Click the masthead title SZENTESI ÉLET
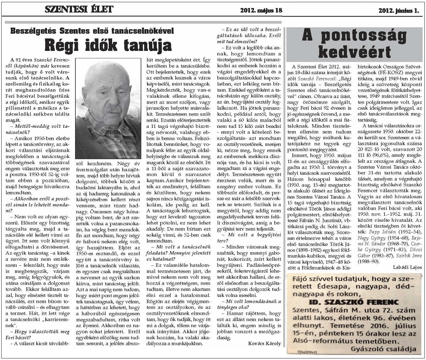pos(79,9)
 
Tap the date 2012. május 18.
pos(261,10)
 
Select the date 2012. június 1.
pos(399,11)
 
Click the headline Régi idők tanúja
pos(108,45)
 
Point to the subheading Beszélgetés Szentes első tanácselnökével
pos(92,31)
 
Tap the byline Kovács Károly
pos(264,343)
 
